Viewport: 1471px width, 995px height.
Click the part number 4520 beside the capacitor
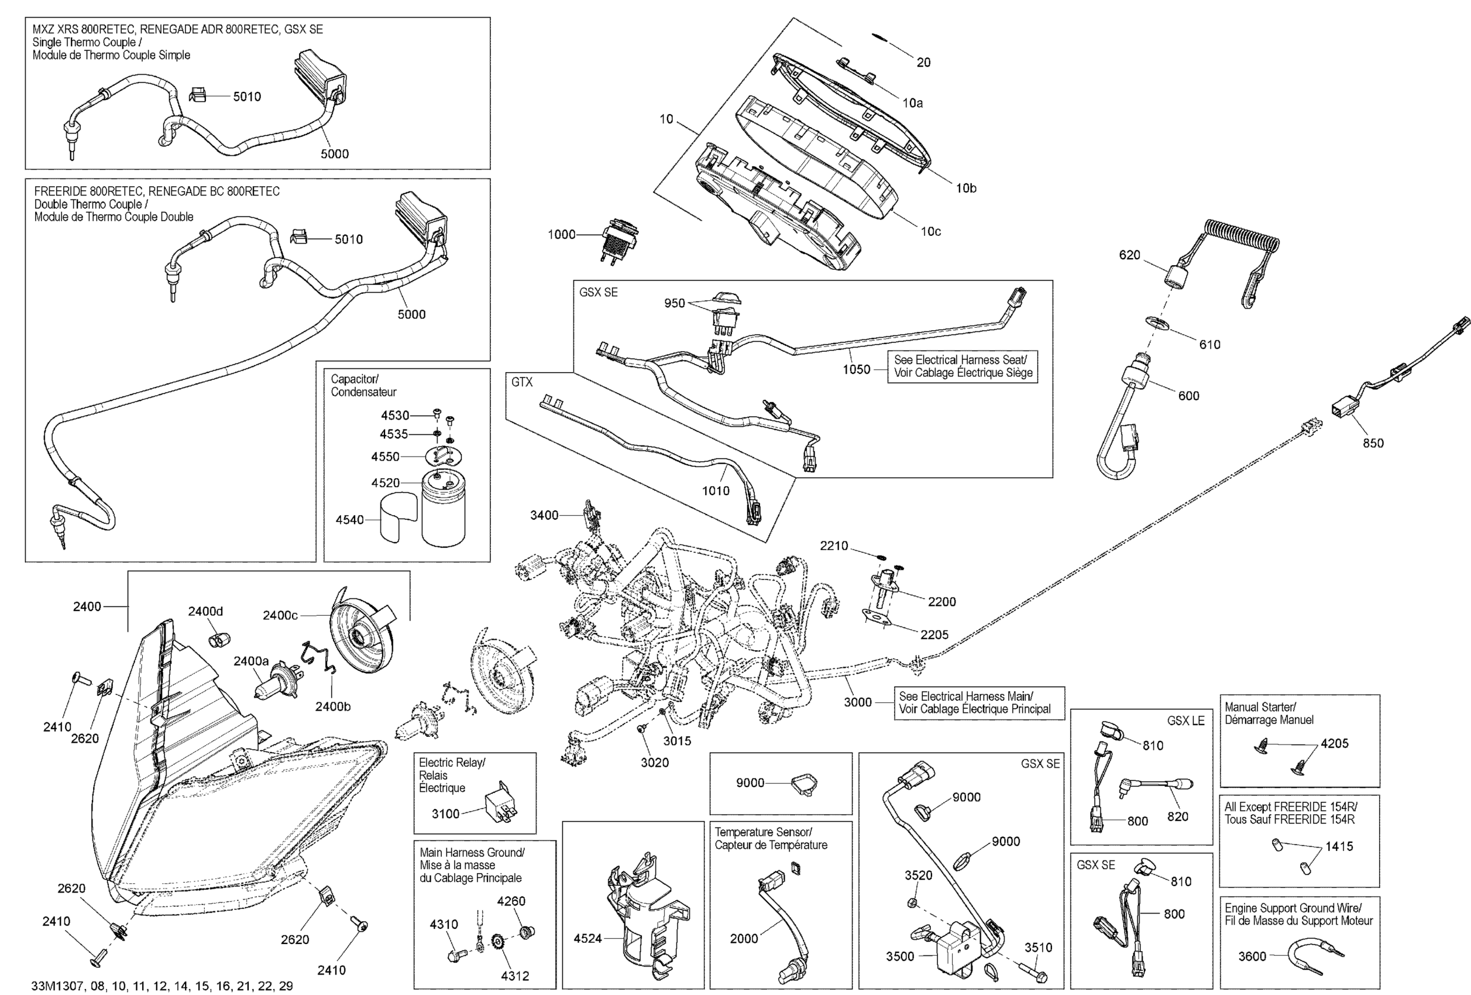(x=386, y=483)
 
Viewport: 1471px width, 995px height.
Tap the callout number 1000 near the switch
(x=562, y=235)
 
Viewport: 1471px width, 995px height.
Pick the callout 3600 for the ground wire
(x=1252, y=956)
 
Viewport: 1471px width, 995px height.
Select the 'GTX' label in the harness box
(x=522, y=382)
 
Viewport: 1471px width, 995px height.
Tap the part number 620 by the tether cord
(x=1129, y=255)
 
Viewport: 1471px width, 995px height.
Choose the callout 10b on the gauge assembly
(x=966, y=188)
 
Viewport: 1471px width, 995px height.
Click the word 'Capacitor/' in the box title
(x=355, y=379)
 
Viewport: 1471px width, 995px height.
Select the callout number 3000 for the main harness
(x=858, y=702)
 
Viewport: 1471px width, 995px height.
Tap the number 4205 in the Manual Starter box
(x=1334, y=744)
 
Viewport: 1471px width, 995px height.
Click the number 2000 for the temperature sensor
(x=744, y=939)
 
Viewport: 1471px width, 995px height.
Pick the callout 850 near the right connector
(x=1373, y=444)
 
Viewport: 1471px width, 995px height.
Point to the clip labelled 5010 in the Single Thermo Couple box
(x=198, y=95)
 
